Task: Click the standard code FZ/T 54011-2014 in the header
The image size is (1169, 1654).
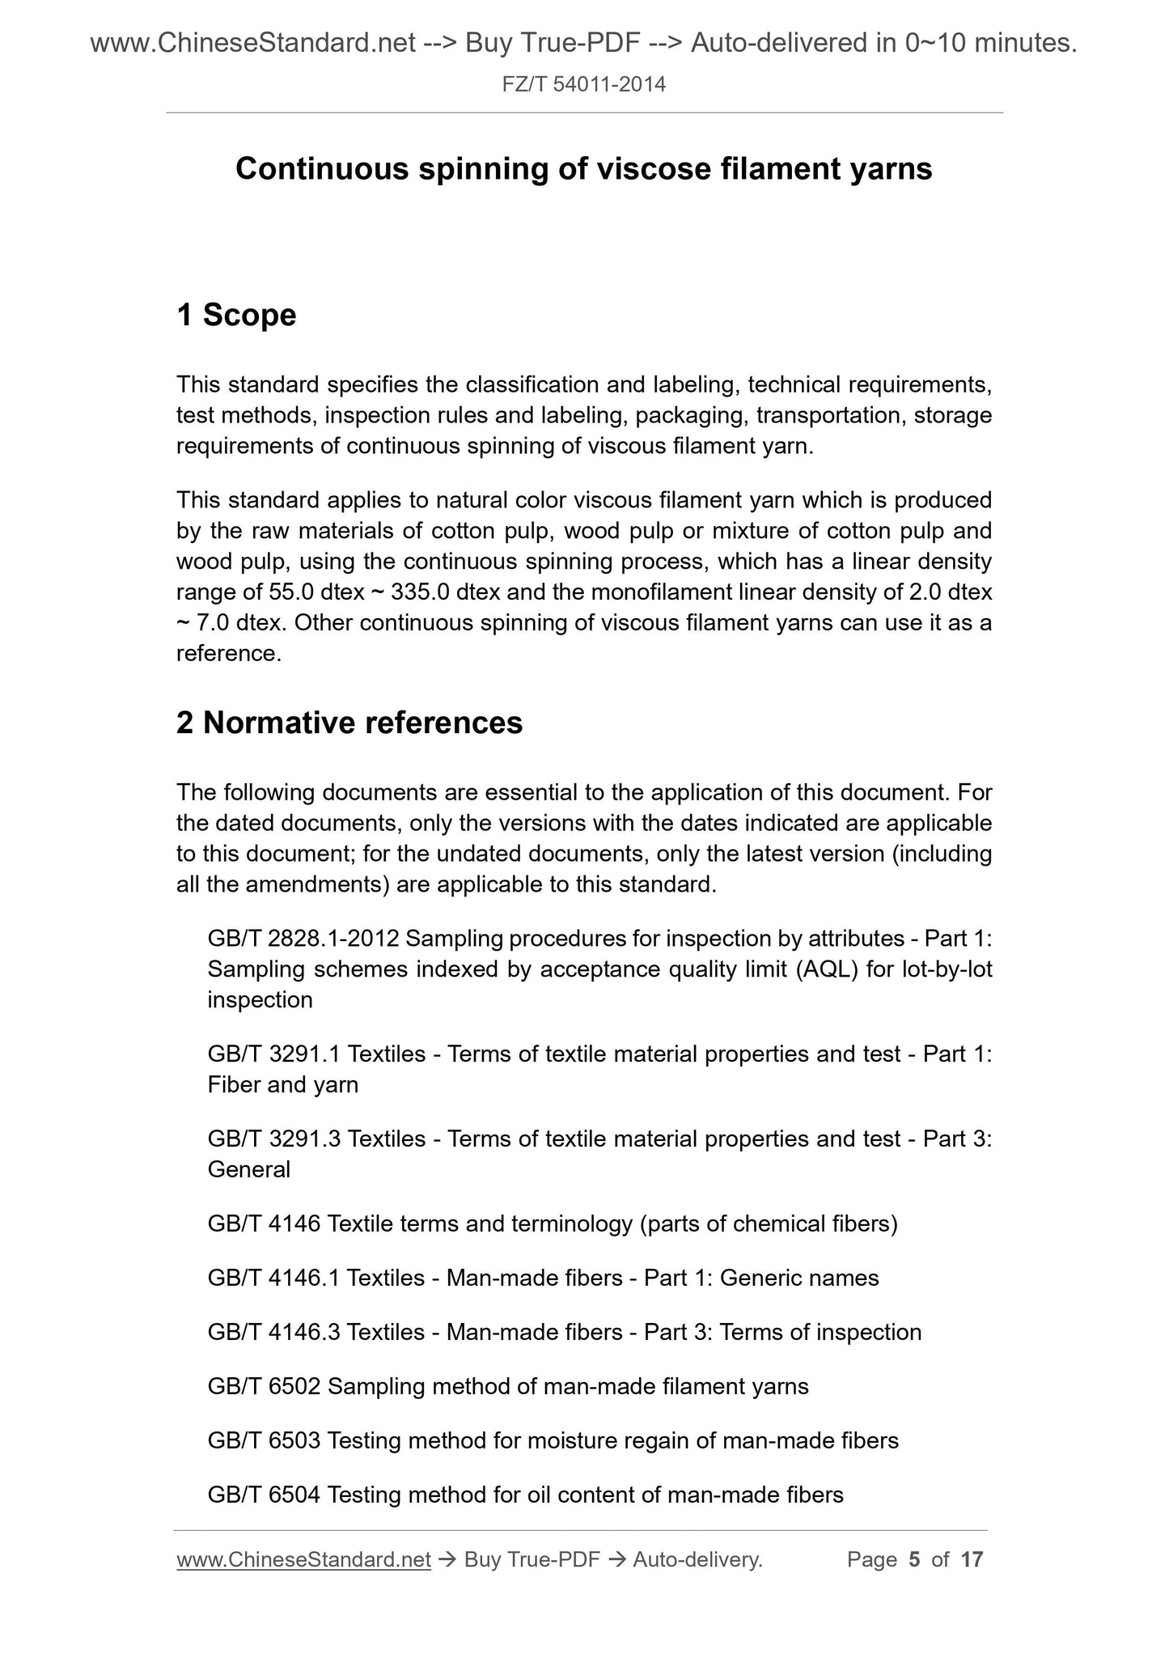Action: (583, 84)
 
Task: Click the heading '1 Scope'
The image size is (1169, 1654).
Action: (236, 315)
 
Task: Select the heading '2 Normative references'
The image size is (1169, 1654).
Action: (349, 723)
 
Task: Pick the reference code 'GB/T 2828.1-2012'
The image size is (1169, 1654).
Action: (303, 939)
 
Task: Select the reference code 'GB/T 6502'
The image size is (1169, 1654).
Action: (264, 1387)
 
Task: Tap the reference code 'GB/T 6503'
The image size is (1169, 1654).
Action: (264, 1441)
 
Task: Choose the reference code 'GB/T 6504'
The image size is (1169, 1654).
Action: (264, 1495)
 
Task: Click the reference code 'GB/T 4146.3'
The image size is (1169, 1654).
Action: (273, 1333)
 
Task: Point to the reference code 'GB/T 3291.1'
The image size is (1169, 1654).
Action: (273, 1054)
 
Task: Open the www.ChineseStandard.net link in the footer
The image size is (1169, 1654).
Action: (303, 1559)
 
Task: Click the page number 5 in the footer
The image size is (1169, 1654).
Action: (914, 1559)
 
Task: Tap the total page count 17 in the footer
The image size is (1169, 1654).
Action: (971, 1559)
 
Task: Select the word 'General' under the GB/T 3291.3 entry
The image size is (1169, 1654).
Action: (248, 1170)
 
